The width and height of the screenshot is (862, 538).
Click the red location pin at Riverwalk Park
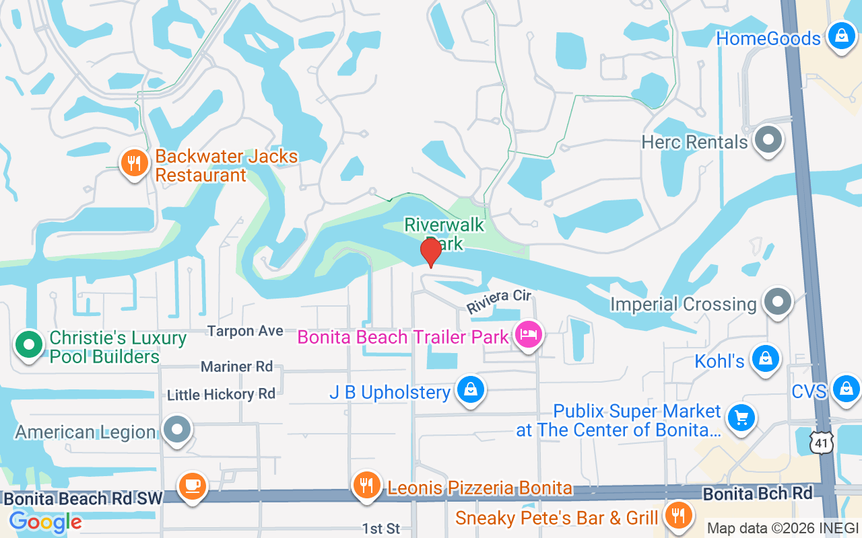tap(430, 253)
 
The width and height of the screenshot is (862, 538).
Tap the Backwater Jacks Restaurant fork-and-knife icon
tap(135, 163)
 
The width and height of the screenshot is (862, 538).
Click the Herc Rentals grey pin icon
tap(768, 141)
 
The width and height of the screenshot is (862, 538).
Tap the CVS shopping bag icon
tap(846, 389)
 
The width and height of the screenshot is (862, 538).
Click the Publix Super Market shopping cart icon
tap(741, 418)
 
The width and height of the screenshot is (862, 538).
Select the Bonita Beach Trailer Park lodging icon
tap(529, 334)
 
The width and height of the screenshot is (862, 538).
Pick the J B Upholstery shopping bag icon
tap(471, 389)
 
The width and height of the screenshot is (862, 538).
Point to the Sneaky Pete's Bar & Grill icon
tap(679, 515)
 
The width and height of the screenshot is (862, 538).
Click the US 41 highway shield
tap(822, 443)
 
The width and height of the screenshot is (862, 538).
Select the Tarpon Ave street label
tap(245, 331)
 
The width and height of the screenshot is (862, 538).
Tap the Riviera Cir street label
tap(499, 301)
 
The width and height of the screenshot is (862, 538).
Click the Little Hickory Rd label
tap(222, 394)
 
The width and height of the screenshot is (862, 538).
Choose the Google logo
tap(45, 521)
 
